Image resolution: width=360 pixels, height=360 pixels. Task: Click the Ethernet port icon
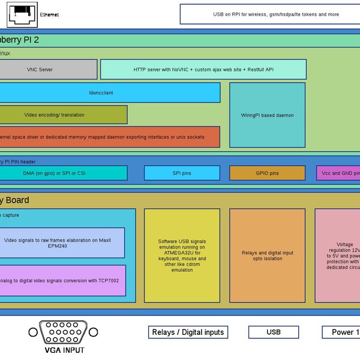tap(22, 14)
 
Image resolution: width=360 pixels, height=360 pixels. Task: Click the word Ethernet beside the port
tap(49, 14)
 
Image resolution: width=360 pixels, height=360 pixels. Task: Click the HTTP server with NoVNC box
tap(203, 69)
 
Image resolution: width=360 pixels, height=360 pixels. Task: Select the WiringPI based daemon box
tap(267, 115)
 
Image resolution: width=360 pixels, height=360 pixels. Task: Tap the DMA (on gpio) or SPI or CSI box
tap(60, 173)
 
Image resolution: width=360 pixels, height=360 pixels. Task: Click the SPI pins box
tap(182, 173)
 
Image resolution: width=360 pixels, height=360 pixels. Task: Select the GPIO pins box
tap(267, 173)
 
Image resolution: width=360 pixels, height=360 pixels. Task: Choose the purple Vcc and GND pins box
tap(338, 173)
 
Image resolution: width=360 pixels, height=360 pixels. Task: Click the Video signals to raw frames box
tap(60, 243)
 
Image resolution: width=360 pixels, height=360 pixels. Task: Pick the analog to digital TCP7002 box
tap(60, 280)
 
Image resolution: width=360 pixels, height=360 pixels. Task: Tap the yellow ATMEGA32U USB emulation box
tap(182, 256)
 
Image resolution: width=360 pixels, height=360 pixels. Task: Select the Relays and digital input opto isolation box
tap(267, 256)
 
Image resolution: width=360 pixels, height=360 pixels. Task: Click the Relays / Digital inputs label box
tap(188, 332)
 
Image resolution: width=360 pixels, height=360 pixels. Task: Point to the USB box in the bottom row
tap(273, 332)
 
